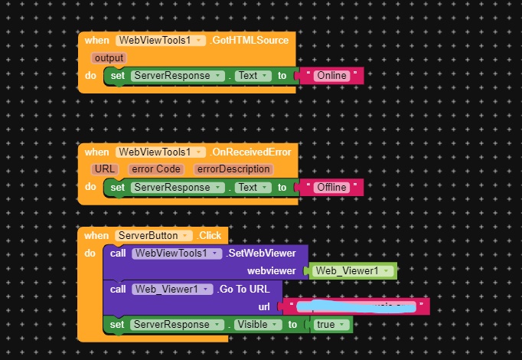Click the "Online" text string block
point(331,76)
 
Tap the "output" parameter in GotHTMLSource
point(109,58)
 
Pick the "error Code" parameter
point(155,169)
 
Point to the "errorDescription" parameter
point(233,169)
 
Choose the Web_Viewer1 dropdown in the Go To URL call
point(172,289)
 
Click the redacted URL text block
point(355,307)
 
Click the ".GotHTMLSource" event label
point(248,40)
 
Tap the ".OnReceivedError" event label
point(249,152)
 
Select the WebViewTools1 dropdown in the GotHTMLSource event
point(160,40)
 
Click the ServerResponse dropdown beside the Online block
point(177,76)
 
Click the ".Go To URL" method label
point(247,289)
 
